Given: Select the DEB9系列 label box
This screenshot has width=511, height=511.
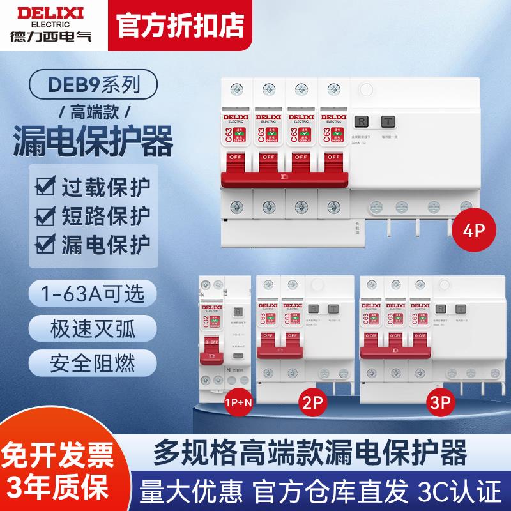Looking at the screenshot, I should [x=95, y=84].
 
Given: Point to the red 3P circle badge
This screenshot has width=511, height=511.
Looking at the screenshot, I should [x=442, y=404].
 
